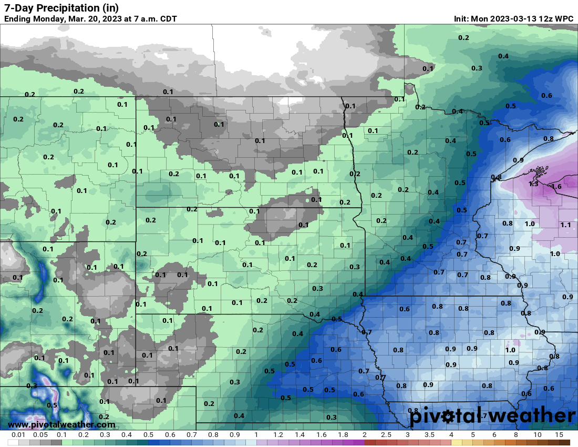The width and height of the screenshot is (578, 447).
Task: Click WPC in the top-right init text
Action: point(564,19)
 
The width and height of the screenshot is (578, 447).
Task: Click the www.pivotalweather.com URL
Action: point(61,424)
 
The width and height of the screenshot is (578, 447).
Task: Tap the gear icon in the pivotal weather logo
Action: point(448,416)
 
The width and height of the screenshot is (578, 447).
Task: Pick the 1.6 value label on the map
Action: point(556,187)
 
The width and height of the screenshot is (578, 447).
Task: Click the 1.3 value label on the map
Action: point(533,184)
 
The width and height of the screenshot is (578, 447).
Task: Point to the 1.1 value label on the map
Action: point(565,225)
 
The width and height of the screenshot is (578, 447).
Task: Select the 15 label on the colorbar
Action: point(559,435)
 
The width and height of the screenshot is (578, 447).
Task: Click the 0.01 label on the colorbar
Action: point(19,435)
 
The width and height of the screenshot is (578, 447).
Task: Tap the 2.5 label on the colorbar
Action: point(386,435)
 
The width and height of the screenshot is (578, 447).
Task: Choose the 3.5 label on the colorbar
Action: point(429,435)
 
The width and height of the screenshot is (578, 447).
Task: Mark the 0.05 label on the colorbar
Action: point(40,435)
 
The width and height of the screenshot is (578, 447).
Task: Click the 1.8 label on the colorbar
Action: point(343,435)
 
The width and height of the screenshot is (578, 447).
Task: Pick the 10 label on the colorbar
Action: point(538,435)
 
